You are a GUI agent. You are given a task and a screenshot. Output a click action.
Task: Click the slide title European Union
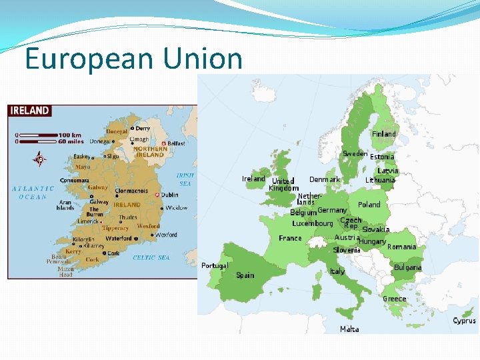133,59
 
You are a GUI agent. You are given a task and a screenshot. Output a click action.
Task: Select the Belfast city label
176,143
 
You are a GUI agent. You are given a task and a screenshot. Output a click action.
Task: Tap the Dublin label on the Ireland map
169,195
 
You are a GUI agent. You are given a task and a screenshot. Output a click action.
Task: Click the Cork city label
113,253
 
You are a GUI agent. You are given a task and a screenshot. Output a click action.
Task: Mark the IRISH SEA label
185,179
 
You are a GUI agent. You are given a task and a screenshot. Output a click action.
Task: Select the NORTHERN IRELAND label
150,152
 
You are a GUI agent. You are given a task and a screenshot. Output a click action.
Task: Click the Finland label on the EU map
383,134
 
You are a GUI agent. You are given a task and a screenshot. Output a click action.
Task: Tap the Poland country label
369,205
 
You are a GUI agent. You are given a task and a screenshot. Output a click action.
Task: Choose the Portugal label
215,265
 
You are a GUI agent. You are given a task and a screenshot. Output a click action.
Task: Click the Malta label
349,329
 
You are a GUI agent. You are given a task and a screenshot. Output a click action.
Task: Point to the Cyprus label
464,321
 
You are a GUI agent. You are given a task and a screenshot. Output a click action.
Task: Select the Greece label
394,299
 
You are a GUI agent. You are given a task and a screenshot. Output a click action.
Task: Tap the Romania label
401,247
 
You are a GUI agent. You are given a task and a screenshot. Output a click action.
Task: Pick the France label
290,238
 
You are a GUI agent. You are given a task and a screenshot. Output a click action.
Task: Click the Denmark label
324,179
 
